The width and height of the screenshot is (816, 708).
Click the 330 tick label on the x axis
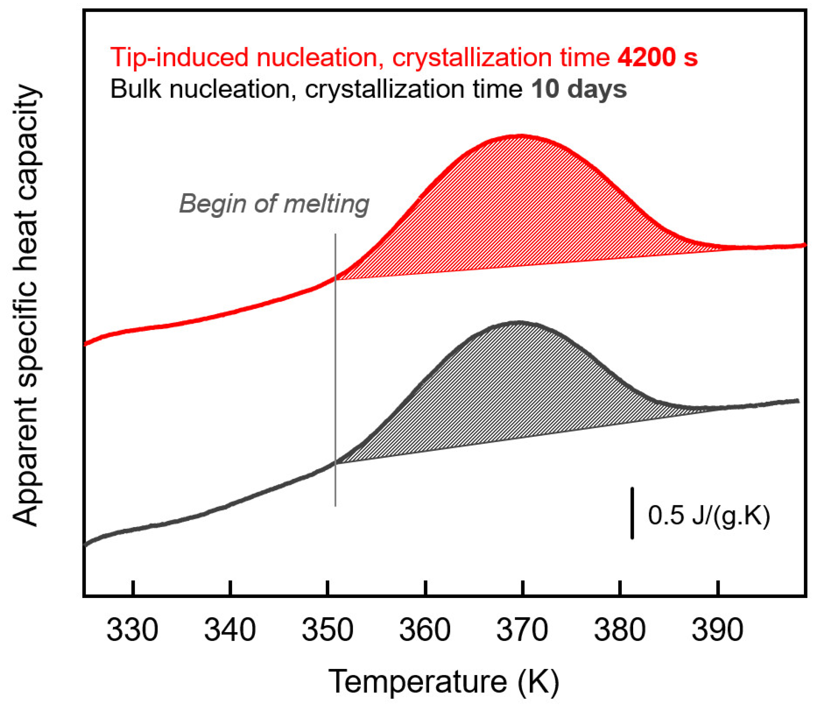(132, 630)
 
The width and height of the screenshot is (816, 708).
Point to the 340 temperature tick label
(230, 630)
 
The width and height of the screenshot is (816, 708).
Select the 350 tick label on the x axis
(327, 630)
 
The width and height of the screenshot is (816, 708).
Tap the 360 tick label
(425, 630)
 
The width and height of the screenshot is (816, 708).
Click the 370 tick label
(522, 630)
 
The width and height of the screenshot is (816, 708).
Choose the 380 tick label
(620, 630)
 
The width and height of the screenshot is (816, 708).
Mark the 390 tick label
(717, 630)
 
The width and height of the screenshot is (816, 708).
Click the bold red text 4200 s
(658, 57)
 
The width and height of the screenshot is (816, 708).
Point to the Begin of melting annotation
(274, 204)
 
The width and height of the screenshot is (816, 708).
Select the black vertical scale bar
(632, 513)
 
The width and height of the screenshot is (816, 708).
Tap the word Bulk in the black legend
(136, 89)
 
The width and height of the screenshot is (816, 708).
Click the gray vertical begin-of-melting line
(335, 375)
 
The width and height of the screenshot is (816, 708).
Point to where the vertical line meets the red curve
(335, 278)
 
